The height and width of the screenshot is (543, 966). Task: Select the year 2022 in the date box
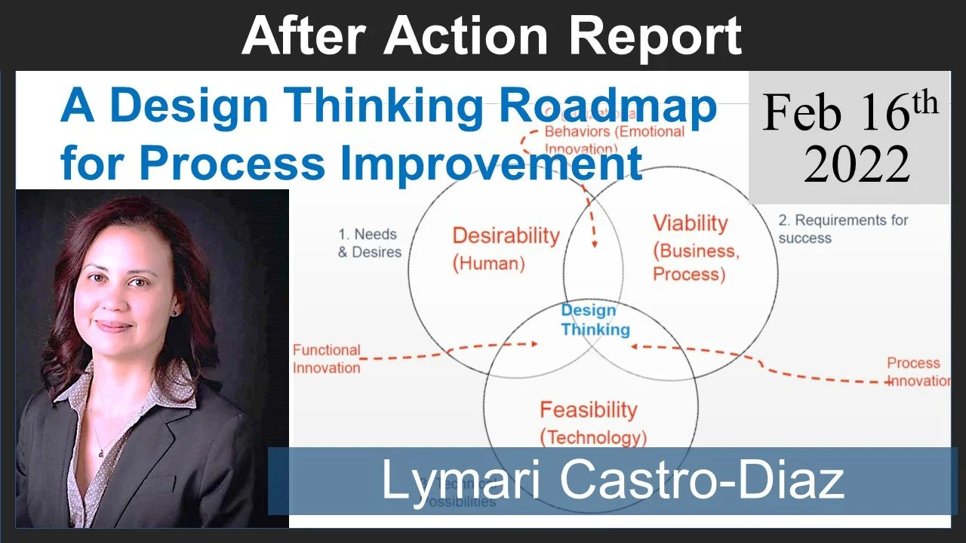click(x=857, y=164)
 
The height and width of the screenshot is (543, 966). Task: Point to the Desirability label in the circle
click(x=506, y=235)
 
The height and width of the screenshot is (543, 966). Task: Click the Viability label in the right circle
click(x=690, y=223)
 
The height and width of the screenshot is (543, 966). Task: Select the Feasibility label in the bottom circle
click(x=588, y=410)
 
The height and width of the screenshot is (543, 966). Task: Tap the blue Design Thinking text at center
click(x=595, y=320)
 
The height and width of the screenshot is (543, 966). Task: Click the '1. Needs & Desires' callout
click(x=369, y=243)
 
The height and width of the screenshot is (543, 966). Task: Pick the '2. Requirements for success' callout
click(x=843, y=229)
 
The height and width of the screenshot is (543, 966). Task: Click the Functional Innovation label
click(x=326, y=359)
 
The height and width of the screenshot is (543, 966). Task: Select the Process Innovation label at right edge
click(x=918, y=372)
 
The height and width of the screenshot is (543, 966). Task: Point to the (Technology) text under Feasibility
click(x=593, y=437)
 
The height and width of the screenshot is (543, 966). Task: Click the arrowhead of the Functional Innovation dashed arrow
click(x=534, y=344)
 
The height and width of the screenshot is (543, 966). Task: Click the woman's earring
click(x=174, y=310)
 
